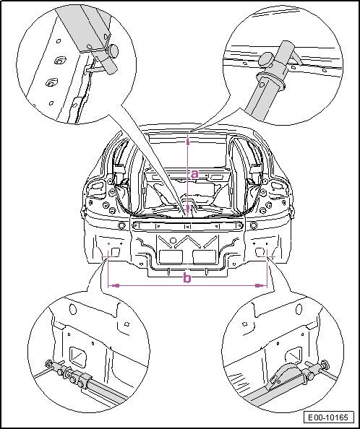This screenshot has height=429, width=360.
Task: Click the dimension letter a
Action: pyautogui.click(x=194, y=174)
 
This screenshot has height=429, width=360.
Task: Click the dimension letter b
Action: pyautogui.click(x=187, y=278)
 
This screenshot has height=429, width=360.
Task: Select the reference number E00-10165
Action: pyautogui.click(x=328, y=417)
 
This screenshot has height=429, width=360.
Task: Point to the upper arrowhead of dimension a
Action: pyautogui.click(x=188, y=141)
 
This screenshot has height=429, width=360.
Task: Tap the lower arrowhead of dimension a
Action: pyautogui.click(x=188, y=210)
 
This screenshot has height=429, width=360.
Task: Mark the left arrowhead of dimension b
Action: pyautogui.click(x=116, y=285)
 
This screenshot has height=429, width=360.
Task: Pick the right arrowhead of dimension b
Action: pyautogui.click(x=260, y=285)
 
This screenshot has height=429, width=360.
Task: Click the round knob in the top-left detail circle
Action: pyautogui.click(x=113, y=50)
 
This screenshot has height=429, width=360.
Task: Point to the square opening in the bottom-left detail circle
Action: pyautogui.click(x=78, y=357)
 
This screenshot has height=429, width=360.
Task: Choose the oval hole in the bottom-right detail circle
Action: pyautogui.click(x=299, y=309)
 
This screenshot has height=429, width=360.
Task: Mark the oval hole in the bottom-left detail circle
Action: pyautogui.click(x=73, y=309)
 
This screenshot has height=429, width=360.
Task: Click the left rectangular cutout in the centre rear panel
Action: pyautogui.click(x=171, y=257)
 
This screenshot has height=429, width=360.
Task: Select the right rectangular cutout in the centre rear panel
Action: pyautogui.click(x=204, y=257)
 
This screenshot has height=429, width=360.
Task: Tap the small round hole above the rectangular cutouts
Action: pyautogui.click(x=173, y=240)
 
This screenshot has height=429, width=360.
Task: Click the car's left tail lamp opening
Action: pyautogui.click(x=97, y=186)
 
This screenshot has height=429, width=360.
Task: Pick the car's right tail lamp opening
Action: pyautogui.click(x=277, y=186)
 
